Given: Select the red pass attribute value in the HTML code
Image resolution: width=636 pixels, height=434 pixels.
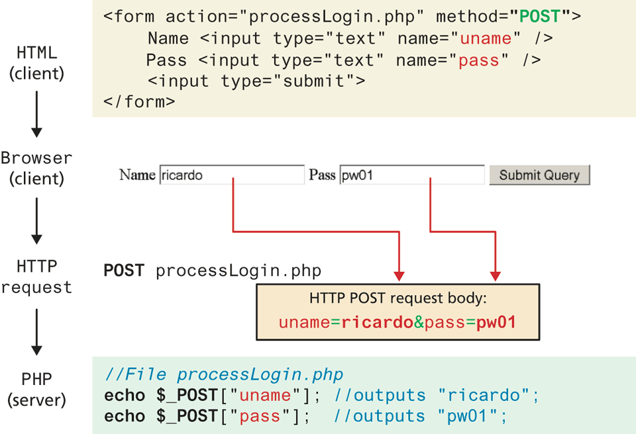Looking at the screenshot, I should pyautogui.click(x=478, y=60).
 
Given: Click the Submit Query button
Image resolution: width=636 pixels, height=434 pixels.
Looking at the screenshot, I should pyautogui.click(x=539, y=175).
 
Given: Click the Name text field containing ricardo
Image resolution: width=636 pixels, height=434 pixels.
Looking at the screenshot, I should pyautogui.click(x=232, y=175).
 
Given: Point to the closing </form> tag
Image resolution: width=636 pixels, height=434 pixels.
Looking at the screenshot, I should pyautogui.click(x=139, y=102).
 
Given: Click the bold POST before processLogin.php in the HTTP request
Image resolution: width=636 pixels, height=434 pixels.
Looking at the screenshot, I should pyautogui.click(x=123, y=271).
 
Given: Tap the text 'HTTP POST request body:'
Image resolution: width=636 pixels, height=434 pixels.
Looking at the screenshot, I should pyautogui.click(x=397, y=298).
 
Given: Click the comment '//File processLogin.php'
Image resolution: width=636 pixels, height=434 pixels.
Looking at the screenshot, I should pyautogui.click(x=224, y=375).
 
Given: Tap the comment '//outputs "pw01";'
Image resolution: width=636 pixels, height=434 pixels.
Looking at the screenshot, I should pyautogui.click(x=421, y=416).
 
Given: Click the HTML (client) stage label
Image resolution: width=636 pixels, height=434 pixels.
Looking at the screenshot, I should pyautogui.click(x=36, y=63).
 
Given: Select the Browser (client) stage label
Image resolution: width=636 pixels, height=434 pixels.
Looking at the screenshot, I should pyautogui.click(x=36, y=168).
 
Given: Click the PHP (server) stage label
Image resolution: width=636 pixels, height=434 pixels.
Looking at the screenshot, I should pyautogui.click(x=36, y=390).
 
